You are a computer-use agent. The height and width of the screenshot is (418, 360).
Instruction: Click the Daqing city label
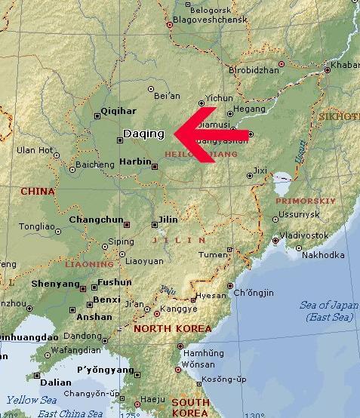coord(143,134)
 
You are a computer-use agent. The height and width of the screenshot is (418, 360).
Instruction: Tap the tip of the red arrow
coord(175,134)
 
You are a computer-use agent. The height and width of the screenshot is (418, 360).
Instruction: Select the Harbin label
coord(136,161)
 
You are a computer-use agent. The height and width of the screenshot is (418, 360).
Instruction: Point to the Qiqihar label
coord(119,109)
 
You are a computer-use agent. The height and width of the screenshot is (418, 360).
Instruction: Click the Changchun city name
coord(96,220)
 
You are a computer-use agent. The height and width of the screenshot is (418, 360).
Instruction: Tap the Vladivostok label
coord(304,235)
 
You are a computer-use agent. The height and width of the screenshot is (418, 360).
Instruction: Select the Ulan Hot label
coord(36,150)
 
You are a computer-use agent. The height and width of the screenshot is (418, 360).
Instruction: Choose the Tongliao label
coord(37,226)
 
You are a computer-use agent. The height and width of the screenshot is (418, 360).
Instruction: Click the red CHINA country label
coord(38,191)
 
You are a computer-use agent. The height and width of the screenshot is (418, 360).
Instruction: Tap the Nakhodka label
coord(323,254)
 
